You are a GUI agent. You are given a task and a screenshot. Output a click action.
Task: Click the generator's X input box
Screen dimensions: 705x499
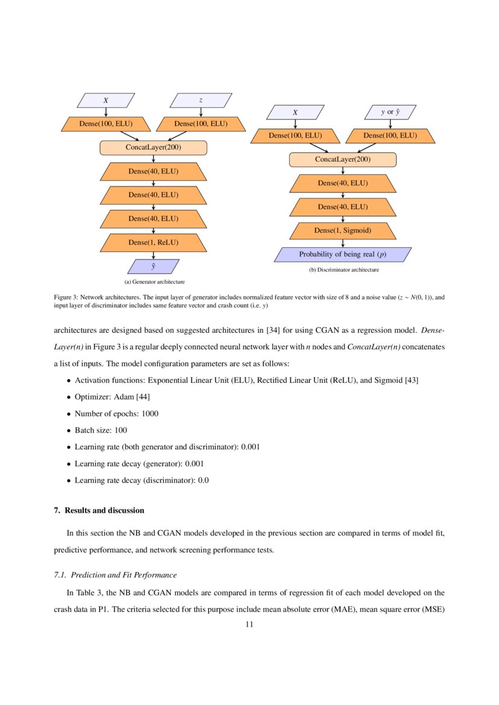(106, 100)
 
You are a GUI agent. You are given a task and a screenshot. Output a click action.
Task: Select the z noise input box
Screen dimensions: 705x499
(201, 100)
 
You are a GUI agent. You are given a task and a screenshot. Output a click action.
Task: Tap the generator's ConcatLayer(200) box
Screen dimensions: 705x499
(153, 148)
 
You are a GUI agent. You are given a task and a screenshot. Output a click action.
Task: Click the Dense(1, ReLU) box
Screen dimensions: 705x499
(153, 242)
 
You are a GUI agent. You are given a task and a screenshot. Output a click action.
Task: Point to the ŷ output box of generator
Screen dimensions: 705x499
(153, 266)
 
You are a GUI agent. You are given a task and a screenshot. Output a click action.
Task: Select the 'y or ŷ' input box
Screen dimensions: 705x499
(390, 112)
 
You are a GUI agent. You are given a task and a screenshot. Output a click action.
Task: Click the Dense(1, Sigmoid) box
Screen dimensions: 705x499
(343, 230)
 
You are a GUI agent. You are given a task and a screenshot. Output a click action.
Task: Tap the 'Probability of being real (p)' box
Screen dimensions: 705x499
(343, 254)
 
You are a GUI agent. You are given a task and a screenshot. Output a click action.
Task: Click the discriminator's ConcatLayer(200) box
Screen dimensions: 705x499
(343, 160)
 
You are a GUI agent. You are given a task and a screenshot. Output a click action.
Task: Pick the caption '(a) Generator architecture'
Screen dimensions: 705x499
(154, 282)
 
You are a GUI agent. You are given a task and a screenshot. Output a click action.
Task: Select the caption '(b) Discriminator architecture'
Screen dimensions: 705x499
(343, 270)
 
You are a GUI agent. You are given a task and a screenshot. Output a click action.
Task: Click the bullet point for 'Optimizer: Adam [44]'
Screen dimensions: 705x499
(69, 397)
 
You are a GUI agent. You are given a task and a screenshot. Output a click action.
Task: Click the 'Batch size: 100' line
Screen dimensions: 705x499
(101, 430)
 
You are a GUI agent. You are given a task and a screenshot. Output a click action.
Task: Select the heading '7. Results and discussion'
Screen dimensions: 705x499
(99, 510)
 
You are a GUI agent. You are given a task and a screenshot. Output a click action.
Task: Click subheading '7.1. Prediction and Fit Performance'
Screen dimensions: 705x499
(115, 574)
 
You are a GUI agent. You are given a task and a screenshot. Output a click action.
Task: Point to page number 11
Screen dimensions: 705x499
(249, 625)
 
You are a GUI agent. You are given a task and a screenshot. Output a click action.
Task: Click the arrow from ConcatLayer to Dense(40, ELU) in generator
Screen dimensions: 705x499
(154, 159)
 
